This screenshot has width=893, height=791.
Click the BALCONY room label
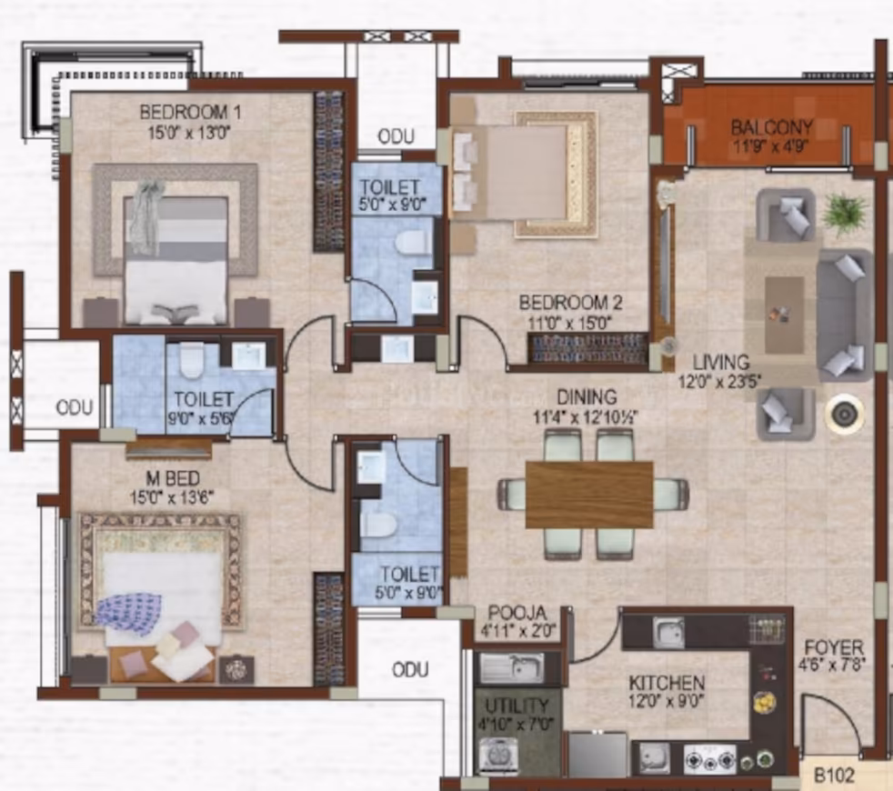772,126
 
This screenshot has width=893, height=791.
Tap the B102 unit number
834,775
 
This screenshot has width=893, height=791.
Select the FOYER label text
834,647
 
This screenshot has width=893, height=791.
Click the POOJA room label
517,613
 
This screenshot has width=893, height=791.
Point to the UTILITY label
517,706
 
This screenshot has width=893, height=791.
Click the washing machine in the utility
499,756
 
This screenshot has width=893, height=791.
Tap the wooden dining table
589,495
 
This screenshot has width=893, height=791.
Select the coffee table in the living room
784,315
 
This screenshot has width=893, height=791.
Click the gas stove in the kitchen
710,760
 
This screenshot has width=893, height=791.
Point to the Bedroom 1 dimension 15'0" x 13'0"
189,134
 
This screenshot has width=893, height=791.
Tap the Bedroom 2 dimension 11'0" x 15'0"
569,324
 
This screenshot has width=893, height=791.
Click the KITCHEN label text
667,682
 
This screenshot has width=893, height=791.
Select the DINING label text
587,396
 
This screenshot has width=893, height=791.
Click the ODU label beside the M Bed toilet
75,407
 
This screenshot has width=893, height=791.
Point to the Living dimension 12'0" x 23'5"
720,380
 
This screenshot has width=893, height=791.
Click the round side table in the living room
845,414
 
